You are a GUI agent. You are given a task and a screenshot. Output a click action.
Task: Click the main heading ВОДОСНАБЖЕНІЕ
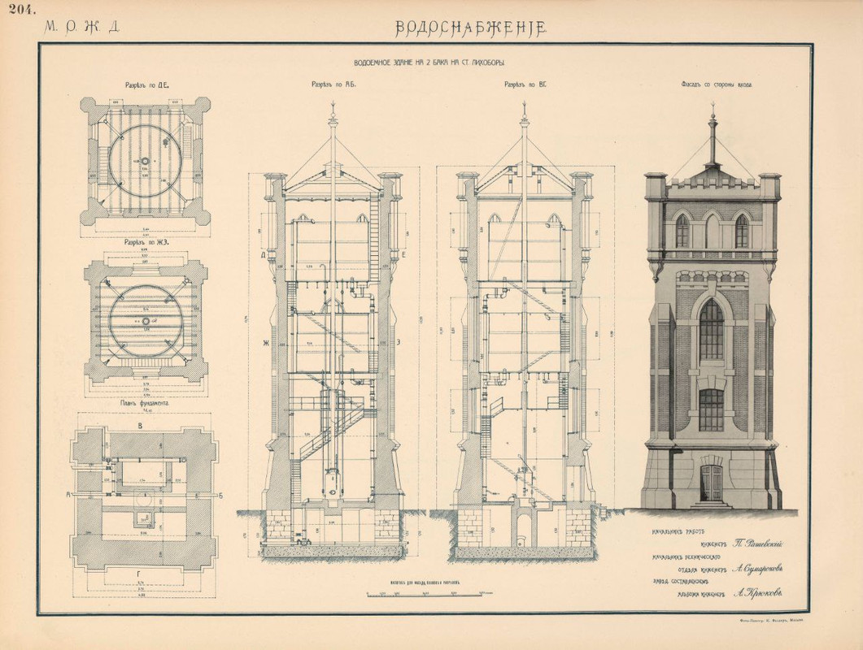[x=470, y=27]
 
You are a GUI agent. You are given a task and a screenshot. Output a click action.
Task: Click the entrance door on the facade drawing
[x=712, y=483]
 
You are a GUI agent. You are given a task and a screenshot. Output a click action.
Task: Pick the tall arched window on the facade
[x=712, y=329]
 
